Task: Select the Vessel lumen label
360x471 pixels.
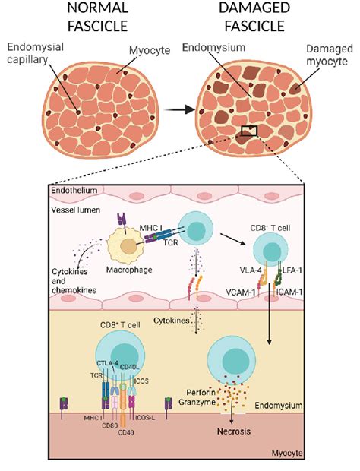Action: click(67, 207)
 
